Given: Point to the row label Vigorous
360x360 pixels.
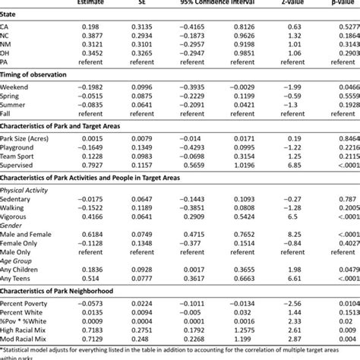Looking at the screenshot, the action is (20, 235).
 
